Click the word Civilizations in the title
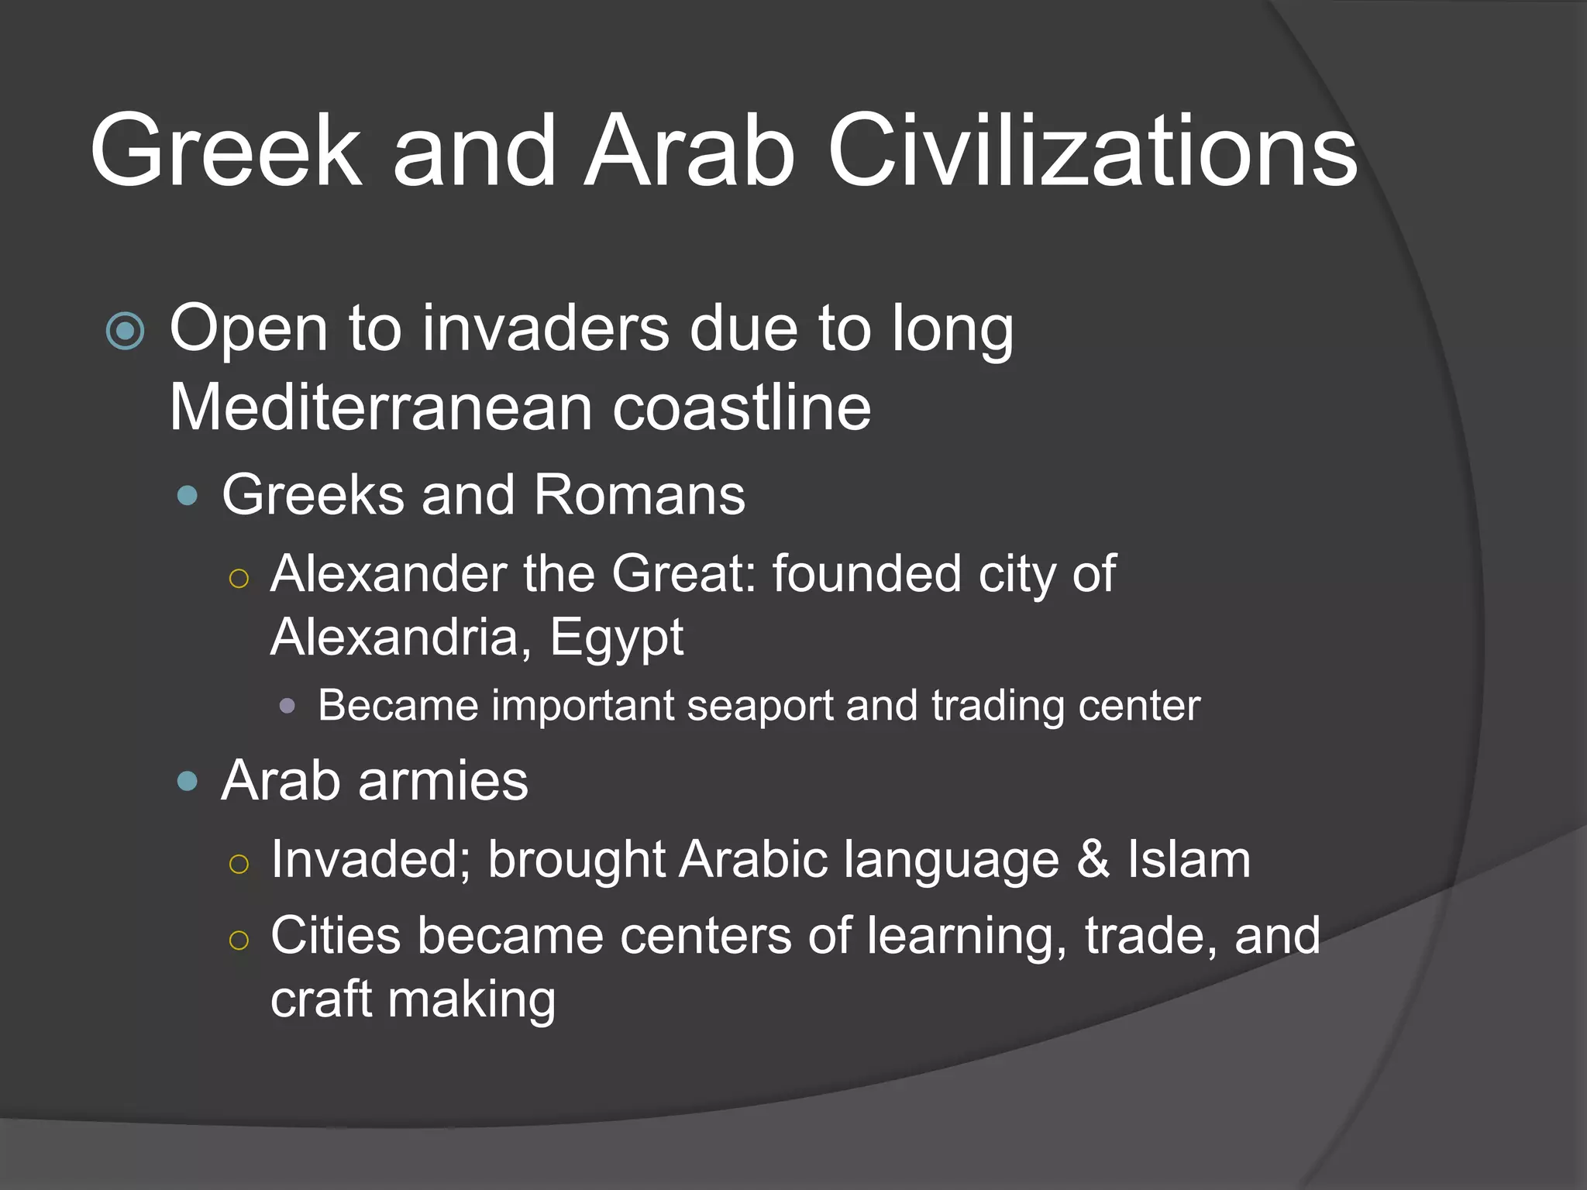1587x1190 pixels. (x=1092, y=150)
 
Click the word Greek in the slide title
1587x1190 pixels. (x=225, y=150)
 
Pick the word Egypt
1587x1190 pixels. (x=616, y=638)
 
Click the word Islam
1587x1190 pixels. (x=1189, y=859)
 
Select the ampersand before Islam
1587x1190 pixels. (x=1093, y=859)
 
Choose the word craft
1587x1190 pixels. (x=322, y=999)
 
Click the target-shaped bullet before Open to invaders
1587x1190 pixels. (x=125, y=332)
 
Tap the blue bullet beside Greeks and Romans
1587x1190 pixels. (x=188, y=495)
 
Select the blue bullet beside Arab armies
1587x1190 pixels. (x=188, y=781)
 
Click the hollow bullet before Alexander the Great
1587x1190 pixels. (x=239, y=578)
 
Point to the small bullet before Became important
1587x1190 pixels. (x=287, y=706)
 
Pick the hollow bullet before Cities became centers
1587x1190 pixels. (x=239, y=940)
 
